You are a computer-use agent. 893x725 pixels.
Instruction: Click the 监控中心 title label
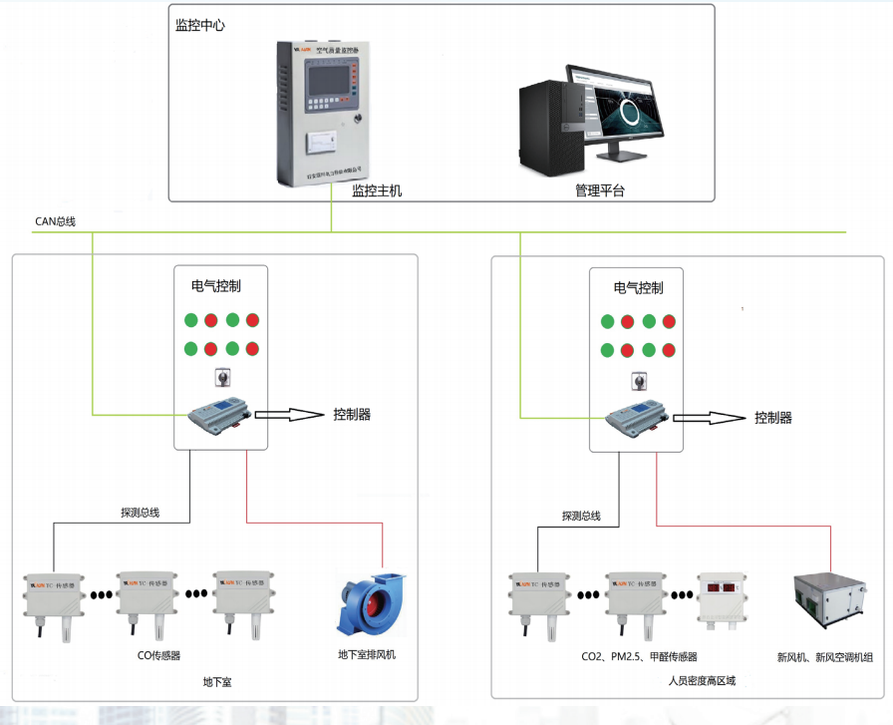(199, 25)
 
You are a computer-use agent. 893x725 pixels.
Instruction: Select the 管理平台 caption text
(599, 190)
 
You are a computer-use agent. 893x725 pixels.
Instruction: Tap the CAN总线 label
(55, 221)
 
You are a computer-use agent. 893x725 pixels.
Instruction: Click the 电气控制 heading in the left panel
(216, 286)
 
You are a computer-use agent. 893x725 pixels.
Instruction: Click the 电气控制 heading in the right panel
(638, 288)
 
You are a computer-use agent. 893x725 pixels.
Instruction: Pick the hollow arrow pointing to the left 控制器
(289, 414)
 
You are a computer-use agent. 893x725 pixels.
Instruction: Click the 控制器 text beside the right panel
(772, 418)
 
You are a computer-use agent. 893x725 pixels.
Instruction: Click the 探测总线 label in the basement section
(140, 514)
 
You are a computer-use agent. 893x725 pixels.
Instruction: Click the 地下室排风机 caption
(367, 655)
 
